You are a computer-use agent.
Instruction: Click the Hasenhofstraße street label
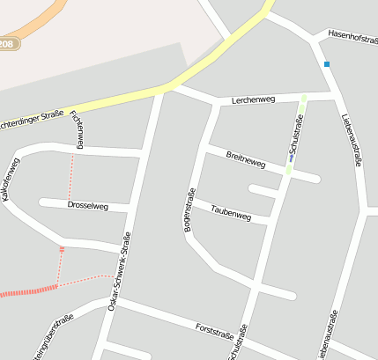pos(352,36)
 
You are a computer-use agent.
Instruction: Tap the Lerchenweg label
pos(254,100)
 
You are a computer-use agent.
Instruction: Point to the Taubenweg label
pos(232,213)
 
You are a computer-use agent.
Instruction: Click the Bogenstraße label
pos(188,211)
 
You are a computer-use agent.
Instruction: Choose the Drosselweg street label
pos(87,205)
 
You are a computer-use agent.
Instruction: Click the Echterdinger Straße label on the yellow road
pos(31,117)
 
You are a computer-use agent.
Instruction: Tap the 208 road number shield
pos(7,43)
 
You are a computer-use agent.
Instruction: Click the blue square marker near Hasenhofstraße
pos(327,64)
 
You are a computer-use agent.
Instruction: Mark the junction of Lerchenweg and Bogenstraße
pos(216,104)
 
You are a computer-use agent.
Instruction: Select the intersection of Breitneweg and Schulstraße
pos(287,171)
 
